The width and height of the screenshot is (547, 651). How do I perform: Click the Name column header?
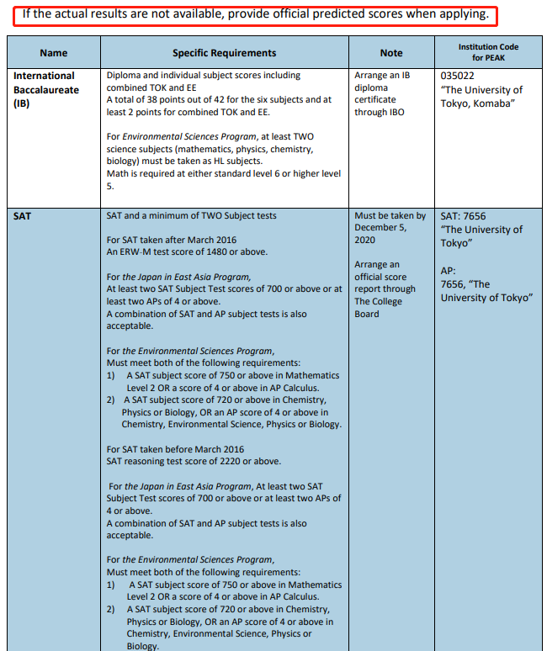(x=53, y=53)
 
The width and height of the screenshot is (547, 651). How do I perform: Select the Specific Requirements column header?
(x=224, y=53)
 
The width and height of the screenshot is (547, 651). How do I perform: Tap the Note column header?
(x=390, y=53)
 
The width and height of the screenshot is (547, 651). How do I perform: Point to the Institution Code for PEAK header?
(x=488, y=52)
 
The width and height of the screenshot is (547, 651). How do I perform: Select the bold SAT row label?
(x=22, y=216)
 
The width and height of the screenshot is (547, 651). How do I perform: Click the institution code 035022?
(x=458, y=76)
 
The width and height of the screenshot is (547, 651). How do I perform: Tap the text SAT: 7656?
(x=463, y=216)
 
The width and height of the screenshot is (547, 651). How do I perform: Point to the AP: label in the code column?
(x=448, y=271)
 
